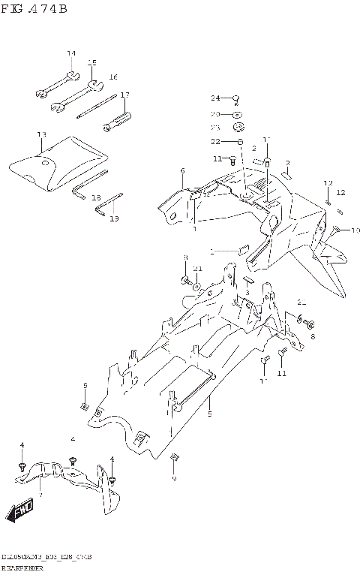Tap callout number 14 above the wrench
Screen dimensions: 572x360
(71, 53)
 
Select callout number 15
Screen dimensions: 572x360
(91, 62)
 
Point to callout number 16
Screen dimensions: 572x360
(112, 77)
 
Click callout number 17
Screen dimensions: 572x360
(124, 95)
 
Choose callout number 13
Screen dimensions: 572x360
(41, 134)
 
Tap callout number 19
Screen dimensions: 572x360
(114, 218)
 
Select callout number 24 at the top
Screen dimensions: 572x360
(214, 98)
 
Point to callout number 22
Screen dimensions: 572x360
(214, 142)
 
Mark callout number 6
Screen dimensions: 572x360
(182, 172)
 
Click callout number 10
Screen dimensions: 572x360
(355, 230)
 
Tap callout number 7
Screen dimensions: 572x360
(40, 495)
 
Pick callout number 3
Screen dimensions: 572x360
(246, 292)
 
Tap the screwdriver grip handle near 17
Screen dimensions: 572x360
(119, 120)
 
